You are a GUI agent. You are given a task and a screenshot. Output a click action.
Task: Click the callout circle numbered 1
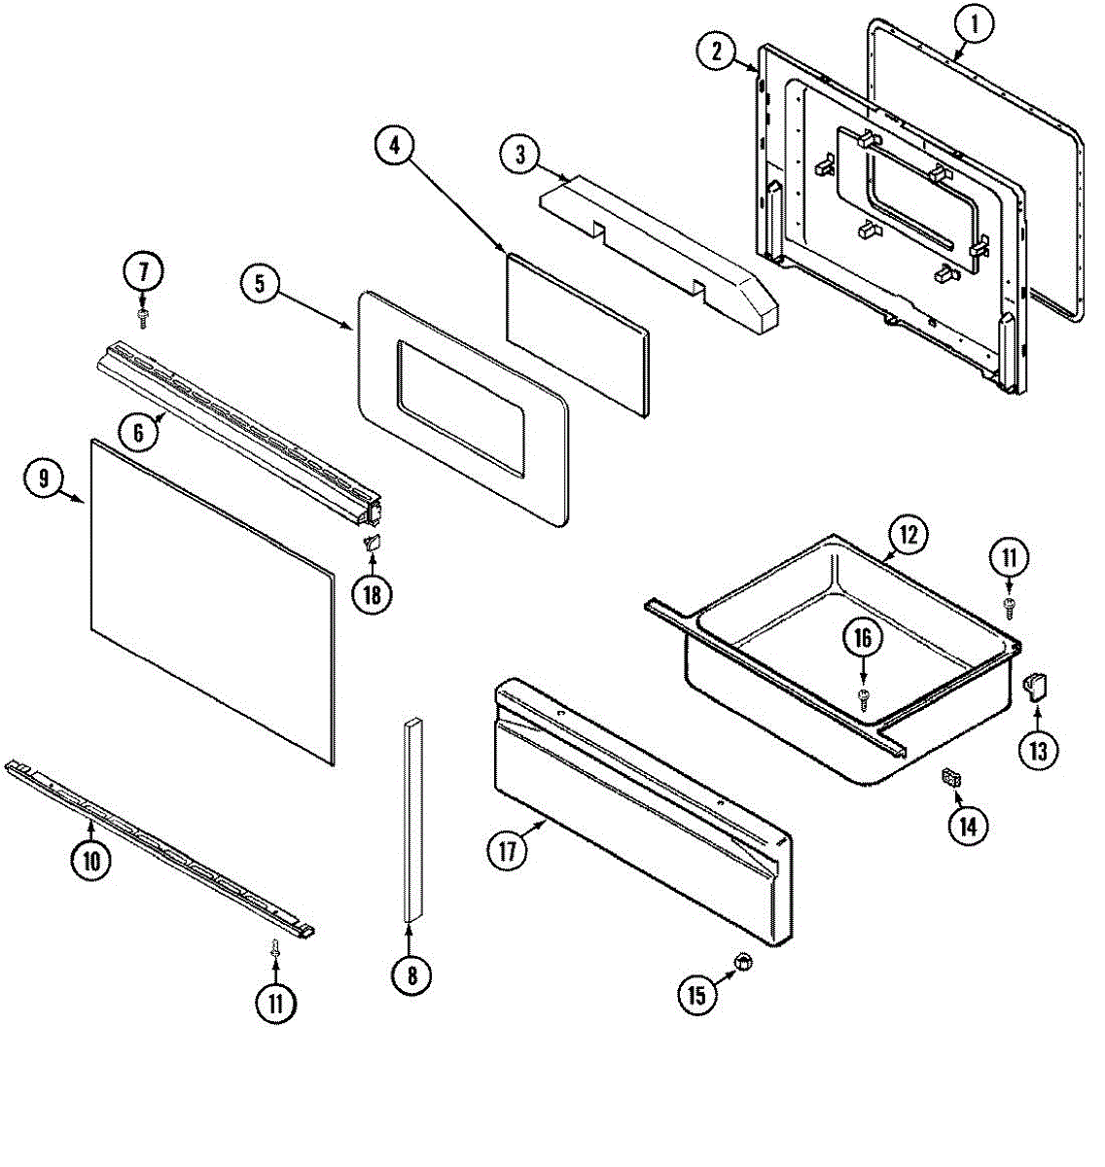coord(974,26)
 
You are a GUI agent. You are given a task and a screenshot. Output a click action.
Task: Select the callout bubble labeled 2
coord(717,53)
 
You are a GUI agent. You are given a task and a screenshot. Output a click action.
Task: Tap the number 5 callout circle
coord(260,284)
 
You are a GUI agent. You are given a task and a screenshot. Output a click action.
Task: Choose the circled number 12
coord(908,534)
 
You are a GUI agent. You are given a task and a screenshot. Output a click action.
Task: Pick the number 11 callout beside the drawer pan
coord(1009,558)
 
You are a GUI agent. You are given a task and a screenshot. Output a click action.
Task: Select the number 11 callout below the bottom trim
coord(275,1002)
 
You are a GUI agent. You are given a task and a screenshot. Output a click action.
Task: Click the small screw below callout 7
coord(143,317)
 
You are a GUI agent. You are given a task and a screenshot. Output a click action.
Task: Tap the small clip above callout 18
coord(371,543)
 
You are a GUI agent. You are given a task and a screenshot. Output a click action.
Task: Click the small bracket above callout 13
coord(1034,688)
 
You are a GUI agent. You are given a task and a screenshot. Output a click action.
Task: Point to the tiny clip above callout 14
coord(950,777)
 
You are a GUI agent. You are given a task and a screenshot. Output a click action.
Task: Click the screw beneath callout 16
coord(863,694)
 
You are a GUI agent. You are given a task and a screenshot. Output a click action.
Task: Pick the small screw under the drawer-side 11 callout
coord(1009,605)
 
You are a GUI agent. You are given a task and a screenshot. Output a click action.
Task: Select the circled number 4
coord(395,147)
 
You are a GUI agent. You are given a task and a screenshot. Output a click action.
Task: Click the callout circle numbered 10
coord(90,861)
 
